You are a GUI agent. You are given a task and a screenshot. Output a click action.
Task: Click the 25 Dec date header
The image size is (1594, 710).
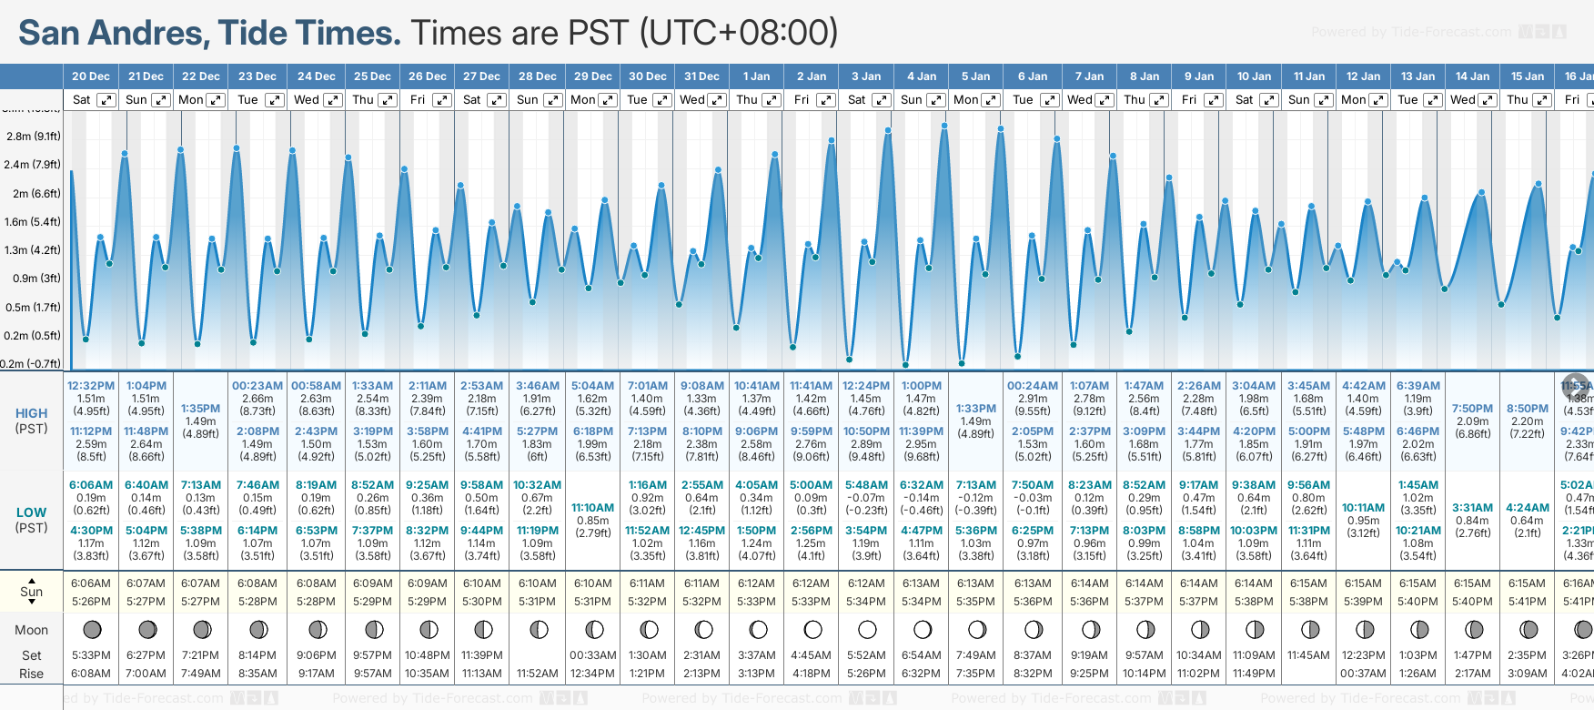click(372, 76)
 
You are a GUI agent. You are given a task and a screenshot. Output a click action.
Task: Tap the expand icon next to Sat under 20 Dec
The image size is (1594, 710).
click(106, 100)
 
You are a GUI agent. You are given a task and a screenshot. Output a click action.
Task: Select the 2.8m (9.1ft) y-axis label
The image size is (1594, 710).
click(33, 137)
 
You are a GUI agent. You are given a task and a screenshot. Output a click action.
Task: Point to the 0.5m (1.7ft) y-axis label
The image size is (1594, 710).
click(33, 308)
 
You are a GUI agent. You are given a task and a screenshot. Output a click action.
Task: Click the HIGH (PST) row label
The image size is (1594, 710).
click(31, 421)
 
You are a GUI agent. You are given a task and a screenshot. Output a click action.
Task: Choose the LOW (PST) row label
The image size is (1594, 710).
click(31, 520)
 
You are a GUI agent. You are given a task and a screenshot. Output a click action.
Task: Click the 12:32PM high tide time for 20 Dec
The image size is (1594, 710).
click(91, 386)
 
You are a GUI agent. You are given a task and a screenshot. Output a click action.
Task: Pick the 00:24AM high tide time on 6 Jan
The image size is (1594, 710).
click(1033, 386)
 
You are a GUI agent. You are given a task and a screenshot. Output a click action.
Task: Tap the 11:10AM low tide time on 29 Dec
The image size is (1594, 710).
click(593, 508)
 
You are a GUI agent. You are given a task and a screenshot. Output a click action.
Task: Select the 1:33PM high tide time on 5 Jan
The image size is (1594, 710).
click(975, 409)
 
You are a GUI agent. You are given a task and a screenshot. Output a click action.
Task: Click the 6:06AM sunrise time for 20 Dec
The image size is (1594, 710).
click(91, 583)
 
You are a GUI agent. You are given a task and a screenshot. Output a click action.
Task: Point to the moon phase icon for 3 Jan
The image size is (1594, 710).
click(867, 629)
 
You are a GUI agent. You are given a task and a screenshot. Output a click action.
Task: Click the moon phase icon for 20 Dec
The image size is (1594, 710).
click(91, 629)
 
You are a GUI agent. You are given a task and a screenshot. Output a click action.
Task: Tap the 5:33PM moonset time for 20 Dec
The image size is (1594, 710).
click(91, 655)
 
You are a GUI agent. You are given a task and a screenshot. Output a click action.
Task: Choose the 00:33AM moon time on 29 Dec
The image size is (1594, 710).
click(593, 655)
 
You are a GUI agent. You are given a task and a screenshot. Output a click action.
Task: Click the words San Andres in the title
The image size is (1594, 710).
click(114, 33)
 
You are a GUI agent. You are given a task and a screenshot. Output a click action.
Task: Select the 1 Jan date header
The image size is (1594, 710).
click(756, 76)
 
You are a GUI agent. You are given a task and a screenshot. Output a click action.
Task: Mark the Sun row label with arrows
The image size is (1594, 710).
click(31, 591)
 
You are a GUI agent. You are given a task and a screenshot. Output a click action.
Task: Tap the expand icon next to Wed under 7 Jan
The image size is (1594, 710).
click(1105, 100)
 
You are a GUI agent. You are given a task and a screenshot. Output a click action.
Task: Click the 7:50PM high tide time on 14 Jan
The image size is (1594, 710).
click(1472, 409)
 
